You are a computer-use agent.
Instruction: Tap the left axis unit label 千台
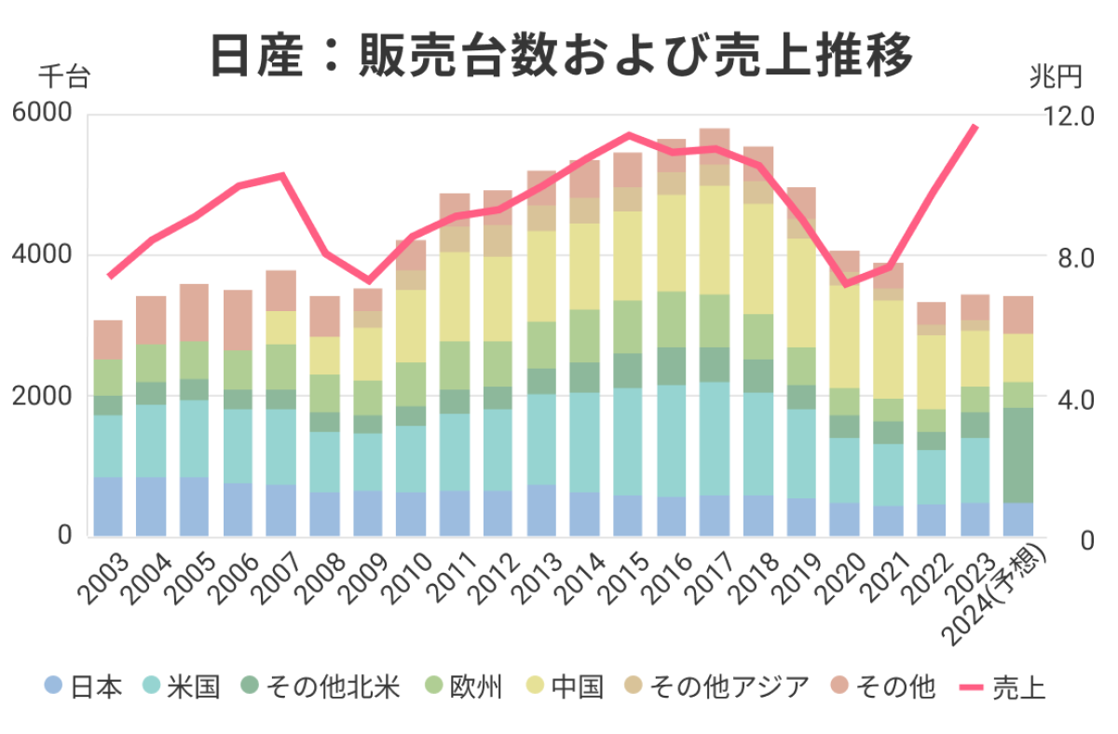tap(63, 76)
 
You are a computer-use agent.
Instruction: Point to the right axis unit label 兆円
tap(1056, 76)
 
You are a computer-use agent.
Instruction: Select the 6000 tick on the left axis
tap(42, 115)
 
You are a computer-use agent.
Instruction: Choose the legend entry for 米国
tap(182, 688)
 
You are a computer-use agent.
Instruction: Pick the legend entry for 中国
tap(565, 688)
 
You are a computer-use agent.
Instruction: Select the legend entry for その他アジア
tap(716, 688)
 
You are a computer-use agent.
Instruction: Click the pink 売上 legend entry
tap(1002, 688)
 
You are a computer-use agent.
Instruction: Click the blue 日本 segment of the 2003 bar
tap(108, 507)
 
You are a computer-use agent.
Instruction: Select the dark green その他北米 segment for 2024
tap(1018, 455)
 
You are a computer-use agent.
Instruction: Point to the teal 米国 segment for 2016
tap(671, 441)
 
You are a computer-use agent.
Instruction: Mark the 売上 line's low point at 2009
tap(369, 280)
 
